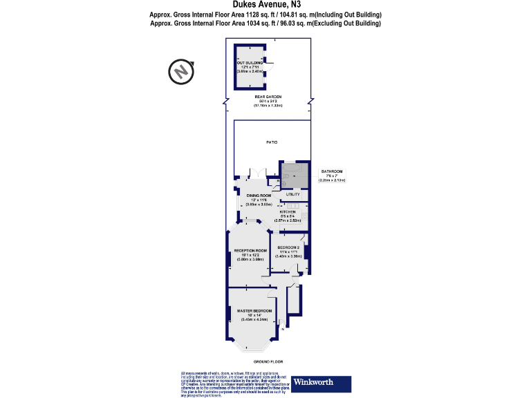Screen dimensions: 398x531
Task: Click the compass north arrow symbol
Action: click(180, 71)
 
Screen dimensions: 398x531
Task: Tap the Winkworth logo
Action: click(321, 383)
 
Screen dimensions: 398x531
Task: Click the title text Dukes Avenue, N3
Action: click(265, 5)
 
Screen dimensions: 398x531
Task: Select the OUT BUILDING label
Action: click(250, 63)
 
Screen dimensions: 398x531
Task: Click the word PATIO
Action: click(272, 142)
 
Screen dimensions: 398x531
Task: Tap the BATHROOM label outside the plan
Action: click(331, 171)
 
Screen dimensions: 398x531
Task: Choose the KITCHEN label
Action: click(287, 211)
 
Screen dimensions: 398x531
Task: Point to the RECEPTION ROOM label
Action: click(250, 250)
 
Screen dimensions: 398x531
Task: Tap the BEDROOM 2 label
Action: click(288, 247)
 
